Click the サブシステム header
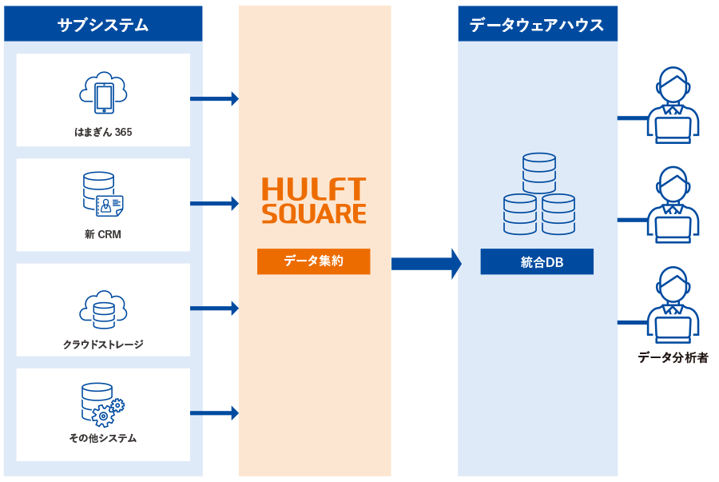[103, 24]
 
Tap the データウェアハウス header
[537, 24]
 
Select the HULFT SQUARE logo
[314, 201]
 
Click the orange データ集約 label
[313, 261]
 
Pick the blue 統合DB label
[537, 261]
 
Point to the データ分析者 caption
[673, 357]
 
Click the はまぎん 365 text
[103, 132]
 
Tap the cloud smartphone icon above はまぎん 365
[103, 93]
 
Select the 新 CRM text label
[103, 234]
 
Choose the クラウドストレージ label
[103, 345]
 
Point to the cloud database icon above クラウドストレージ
[103, 310]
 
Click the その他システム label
[103, 438]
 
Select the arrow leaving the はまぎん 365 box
[214, 98]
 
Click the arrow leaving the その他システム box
[214, 413]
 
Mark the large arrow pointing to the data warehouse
[426, 264]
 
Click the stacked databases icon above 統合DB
[539, 194]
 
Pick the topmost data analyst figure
[673, 105]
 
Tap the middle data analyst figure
[673, 205]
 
